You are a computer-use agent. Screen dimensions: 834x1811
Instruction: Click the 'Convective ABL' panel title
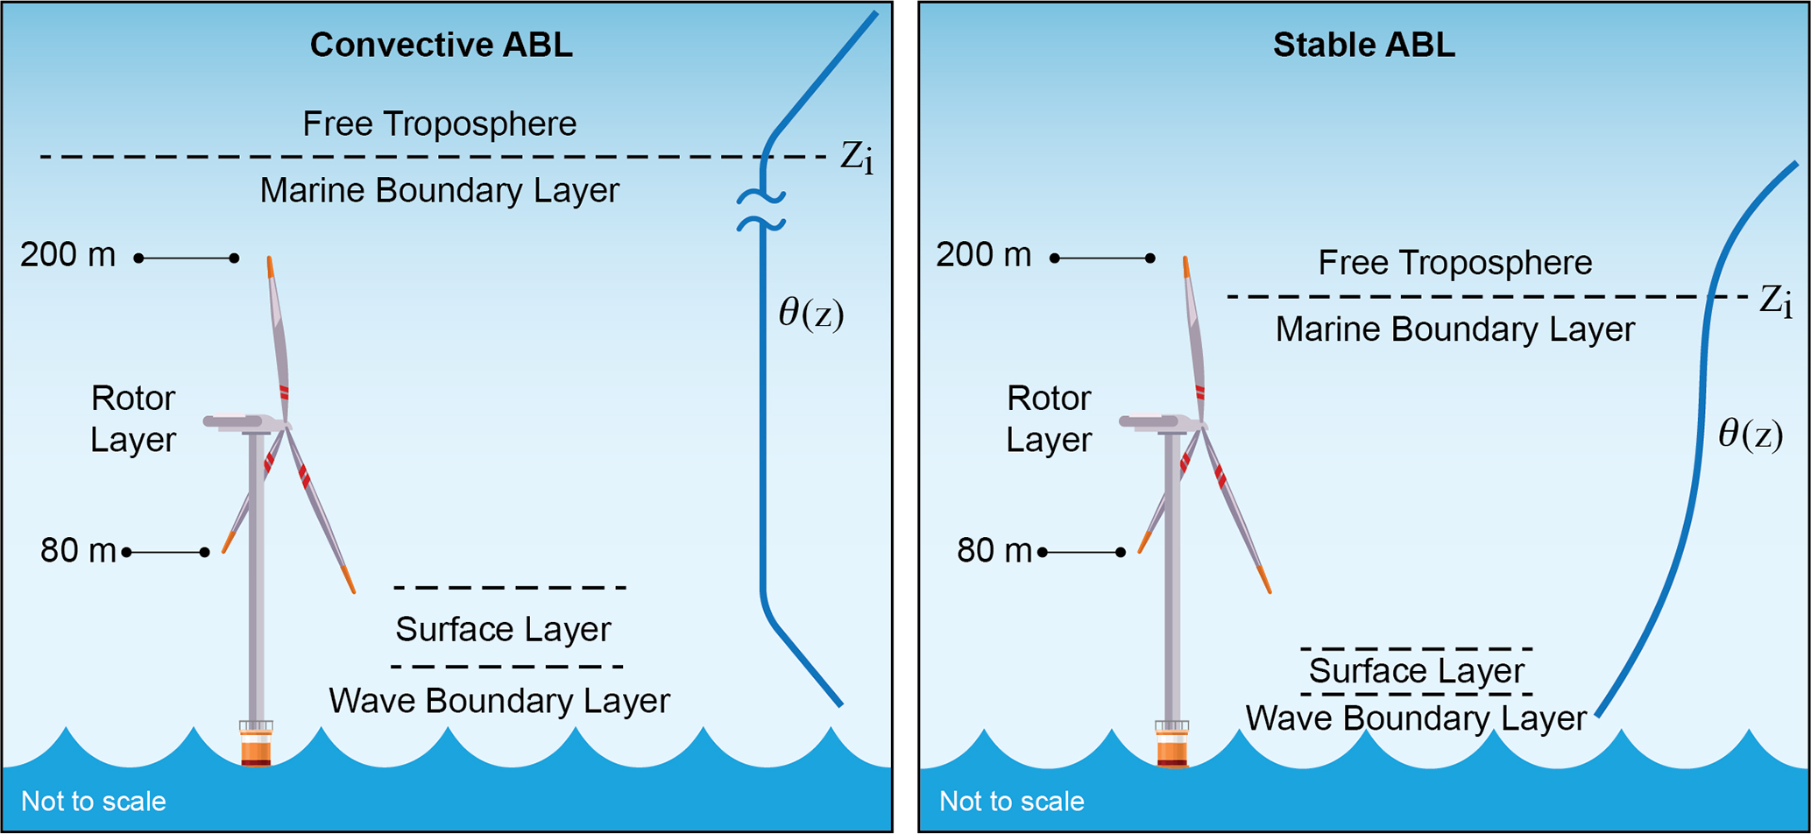441,46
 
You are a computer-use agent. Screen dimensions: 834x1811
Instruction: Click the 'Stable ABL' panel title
1363,46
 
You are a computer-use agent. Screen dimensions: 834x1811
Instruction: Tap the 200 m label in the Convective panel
68,255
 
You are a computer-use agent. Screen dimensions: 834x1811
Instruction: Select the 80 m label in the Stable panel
994,551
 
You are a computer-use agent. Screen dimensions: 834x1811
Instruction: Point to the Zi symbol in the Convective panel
856,158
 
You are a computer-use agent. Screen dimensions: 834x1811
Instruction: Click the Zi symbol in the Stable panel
1775,301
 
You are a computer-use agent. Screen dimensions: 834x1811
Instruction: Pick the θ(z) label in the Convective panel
810,314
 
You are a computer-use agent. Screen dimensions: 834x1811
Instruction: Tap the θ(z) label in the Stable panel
1750,435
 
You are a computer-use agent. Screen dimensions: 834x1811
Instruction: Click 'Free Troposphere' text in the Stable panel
1454,263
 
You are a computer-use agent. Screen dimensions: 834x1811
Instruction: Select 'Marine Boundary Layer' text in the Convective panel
439,191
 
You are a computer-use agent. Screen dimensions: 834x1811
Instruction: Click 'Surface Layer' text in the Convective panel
503,629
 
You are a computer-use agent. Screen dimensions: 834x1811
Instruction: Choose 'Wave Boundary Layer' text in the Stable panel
1415,718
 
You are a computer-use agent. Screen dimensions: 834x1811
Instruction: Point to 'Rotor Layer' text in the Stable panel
1048,419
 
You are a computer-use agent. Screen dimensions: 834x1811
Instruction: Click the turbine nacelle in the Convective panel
241,422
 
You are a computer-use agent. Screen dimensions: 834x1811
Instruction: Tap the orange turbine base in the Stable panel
1171,750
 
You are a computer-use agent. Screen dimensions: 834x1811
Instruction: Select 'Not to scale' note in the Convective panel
93,801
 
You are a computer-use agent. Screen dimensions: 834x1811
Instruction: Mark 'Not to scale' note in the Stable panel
1011,801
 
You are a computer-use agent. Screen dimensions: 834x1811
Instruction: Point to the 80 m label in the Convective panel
78,551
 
